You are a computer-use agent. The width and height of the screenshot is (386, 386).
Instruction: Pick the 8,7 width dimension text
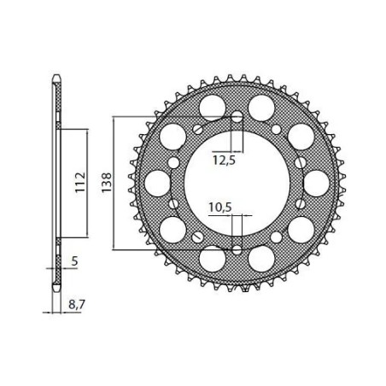[x=78, y=302]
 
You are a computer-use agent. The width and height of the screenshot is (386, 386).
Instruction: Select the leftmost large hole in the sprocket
[x=157, y=182]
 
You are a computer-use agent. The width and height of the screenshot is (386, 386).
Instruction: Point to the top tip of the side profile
[x=56, y=79]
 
